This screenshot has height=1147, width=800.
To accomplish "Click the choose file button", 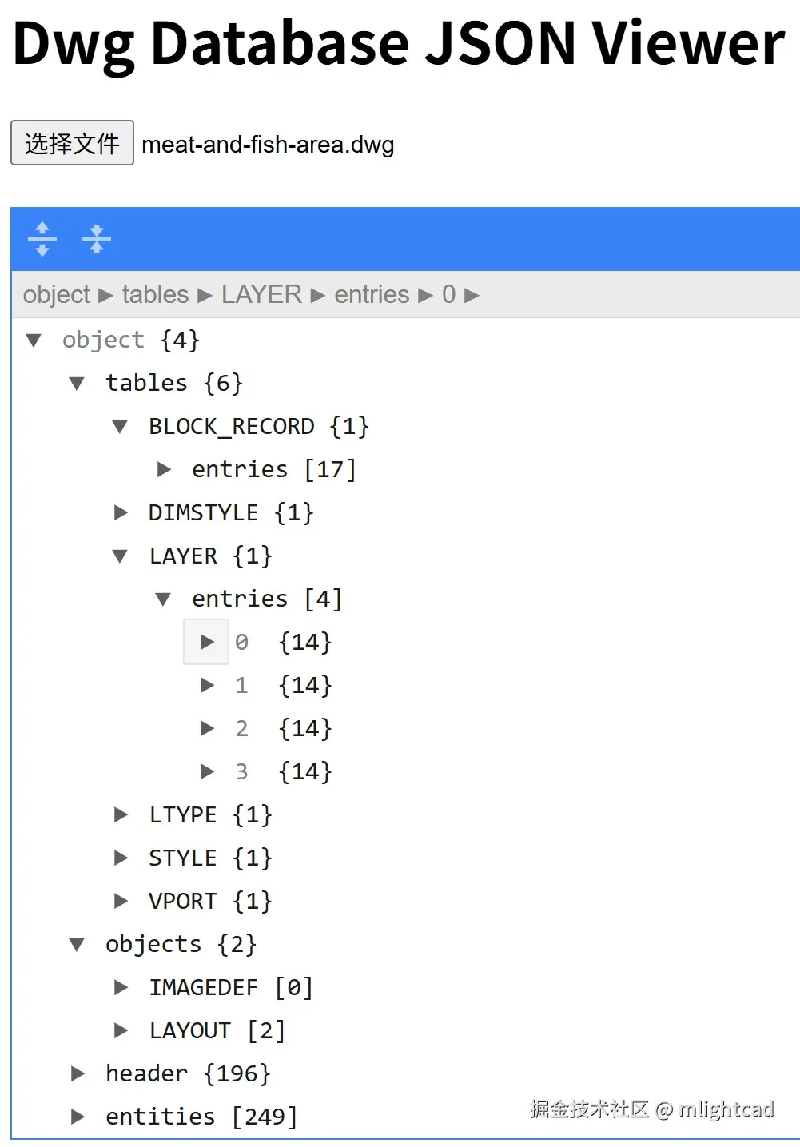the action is pyautogui.click(x=72, y=143).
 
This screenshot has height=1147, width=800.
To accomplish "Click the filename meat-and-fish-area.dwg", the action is pyautogui.click(x=268, y=145).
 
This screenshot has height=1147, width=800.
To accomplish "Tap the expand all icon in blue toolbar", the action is pyautogui.click(x=42, y=239).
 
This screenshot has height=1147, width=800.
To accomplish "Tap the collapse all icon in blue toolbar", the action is pyautogui.click(x=97, y=239).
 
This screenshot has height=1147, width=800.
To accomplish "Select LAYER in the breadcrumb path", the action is pyautogui.click(x=261, y=295).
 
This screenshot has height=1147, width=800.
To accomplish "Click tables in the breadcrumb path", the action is pyautogui.click(x=155, y=295).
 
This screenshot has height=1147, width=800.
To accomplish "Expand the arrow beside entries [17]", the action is pyautogui.click(x=164, y=469).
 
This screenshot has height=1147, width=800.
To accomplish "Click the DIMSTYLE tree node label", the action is pyautogui.click(x=203, y=512).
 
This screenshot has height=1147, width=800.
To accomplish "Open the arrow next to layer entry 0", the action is pyautogui.click(x=207, y=642).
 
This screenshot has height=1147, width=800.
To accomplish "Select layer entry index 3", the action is pyautogui.click(x=241, y=771).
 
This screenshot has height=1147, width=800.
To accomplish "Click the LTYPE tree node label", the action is pyautogui.click(x=183, y=814).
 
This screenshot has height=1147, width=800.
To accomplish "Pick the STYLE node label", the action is pyautogui.click(x=183, y=858).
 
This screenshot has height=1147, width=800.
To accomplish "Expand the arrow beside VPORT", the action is pyautogui.click(x=121, y=901).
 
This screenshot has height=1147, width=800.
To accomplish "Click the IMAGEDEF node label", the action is pyautogui.click(x=203, y=987).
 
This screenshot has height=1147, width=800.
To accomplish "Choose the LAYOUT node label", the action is pyautogui.click(x=190, y=1030).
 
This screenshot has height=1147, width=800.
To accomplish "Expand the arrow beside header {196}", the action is pyautogui.click(x=78, y=1073).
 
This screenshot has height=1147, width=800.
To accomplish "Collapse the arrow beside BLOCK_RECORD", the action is pyautogui.click(x=120, y=426).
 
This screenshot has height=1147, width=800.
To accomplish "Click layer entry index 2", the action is pyautogui.click(x=241, y=728).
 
